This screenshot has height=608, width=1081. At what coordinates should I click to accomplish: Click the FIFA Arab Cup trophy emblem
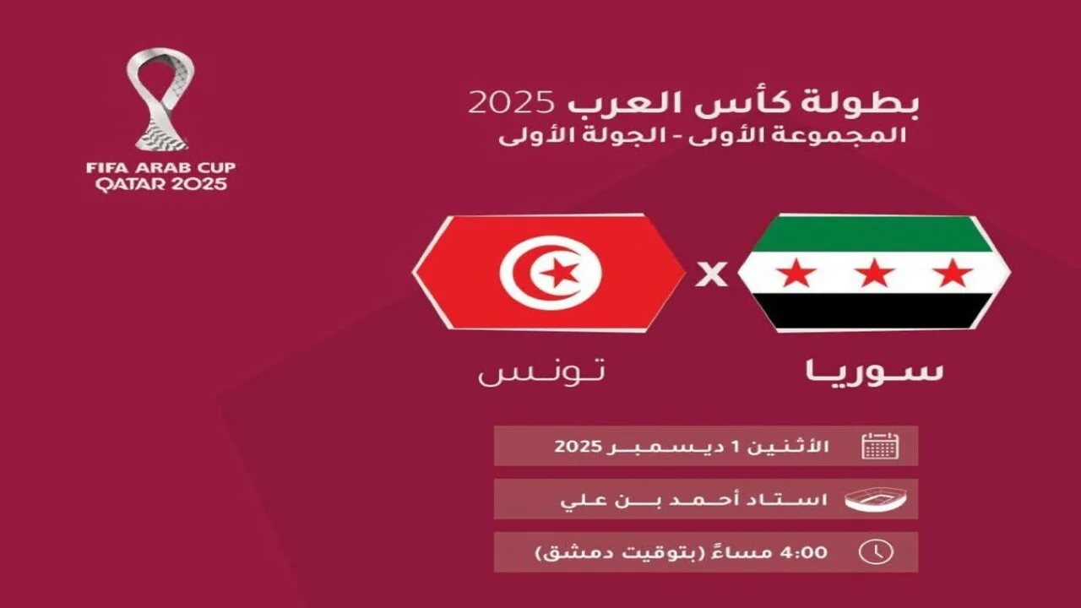(160, 100)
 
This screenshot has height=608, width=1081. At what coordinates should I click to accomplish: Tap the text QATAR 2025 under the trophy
(160, 183)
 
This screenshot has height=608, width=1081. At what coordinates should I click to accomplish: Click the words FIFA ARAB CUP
(160, 167)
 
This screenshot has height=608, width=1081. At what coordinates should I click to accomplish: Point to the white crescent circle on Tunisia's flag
(550, 272)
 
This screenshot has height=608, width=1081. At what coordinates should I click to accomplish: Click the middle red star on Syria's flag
(874, 273)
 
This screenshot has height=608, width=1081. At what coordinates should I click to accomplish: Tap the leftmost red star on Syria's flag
(796, 273)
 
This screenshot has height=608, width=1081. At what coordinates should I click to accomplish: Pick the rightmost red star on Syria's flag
(953, 273)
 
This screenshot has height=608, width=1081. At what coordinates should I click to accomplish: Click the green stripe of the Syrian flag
(874, 234)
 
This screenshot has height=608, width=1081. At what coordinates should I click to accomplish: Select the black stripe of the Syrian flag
(874, 312)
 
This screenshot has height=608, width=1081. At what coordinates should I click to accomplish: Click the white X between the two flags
(711, 274)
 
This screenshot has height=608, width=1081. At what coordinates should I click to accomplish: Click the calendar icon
(880, 446)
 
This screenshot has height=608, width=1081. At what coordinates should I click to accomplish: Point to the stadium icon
(877, 499)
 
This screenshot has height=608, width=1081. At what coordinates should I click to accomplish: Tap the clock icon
(876, 552)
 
